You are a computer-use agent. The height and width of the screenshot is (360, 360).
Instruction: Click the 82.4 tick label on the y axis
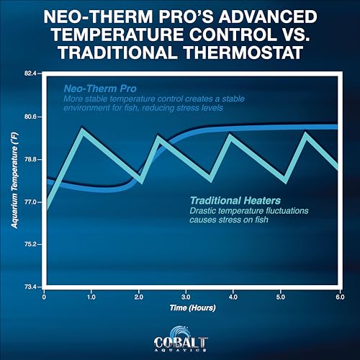coord(30,73)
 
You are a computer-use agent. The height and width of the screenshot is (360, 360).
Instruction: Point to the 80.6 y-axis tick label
coord(30,117)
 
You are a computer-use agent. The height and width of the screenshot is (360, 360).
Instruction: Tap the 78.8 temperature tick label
coord(30,159)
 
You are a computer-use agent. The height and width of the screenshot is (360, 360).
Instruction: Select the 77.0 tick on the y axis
coord(30,202)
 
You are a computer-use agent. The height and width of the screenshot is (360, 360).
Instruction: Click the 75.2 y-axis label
coord(30,244)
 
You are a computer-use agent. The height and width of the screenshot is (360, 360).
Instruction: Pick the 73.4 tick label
coord(30,287)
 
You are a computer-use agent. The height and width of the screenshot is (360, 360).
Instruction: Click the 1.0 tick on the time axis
coord(91,297)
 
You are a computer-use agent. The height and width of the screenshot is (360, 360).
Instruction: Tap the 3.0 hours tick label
coord(186,297)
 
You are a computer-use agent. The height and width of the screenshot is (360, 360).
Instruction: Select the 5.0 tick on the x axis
coord(281,297)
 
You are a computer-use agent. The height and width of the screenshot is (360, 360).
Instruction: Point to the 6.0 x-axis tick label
coord(340,297)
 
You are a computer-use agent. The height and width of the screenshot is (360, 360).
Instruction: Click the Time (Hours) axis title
coord(193,307)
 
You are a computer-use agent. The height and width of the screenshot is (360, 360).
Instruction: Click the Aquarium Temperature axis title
coord(15,180)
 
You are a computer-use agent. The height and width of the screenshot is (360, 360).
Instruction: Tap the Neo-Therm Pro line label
coord(100,89)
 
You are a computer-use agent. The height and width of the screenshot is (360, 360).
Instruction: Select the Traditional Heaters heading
coord(235,200)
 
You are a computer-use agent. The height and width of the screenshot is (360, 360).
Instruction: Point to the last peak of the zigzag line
coord(305,134)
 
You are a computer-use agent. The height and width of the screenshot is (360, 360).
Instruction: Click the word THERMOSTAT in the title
coord(243,53)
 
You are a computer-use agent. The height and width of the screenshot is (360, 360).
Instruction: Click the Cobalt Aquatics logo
coord(181,339)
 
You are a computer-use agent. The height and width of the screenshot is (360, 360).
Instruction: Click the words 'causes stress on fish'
coord(229,220)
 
